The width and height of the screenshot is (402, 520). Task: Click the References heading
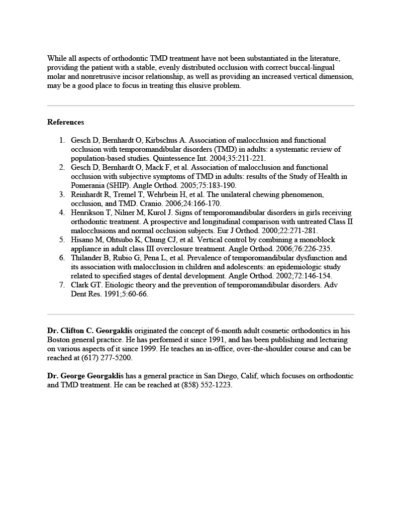tap(65, 122)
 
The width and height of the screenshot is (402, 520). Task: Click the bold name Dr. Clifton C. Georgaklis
tap(89, 330)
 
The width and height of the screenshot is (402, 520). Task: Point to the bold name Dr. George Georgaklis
tap(85, 376)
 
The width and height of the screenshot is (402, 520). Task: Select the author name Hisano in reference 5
tap(81, 240)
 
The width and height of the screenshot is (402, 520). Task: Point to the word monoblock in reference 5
tap(316, 240)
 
